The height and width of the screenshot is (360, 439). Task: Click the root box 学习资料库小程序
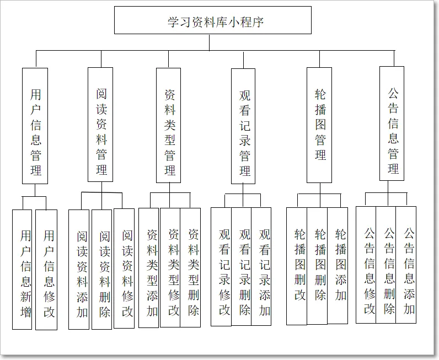[x=212, y=20]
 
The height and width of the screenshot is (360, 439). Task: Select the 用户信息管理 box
[x=35, y=126]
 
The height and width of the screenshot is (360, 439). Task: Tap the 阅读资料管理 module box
[x=100, y=125]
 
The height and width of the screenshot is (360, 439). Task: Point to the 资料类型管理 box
[x=168, y=125]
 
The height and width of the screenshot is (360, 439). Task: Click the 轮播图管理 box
[x=319, y=125]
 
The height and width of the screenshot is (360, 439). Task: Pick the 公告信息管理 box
[x=392, y=123]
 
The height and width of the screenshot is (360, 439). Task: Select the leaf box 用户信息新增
[x=23, y=270]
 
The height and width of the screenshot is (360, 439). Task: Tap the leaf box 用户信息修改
[x=47, y=270]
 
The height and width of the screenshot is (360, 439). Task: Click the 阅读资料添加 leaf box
[x=79, y=269]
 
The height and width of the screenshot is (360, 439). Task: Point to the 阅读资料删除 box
[x=103, y=269]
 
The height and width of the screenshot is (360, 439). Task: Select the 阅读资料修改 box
[x=125, y=268]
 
